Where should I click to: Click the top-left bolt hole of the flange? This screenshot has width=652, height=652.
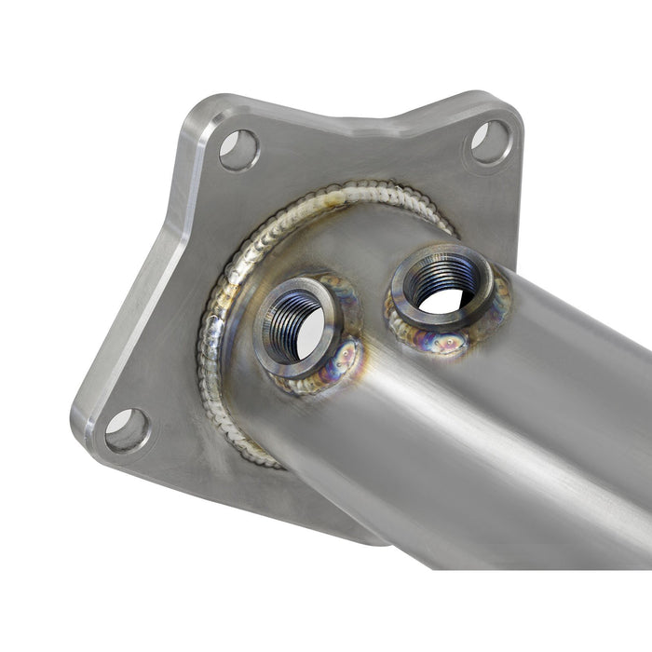tap(238, 149)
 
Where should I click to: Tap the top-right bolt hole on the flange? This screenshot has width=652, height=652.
tap(490, 141)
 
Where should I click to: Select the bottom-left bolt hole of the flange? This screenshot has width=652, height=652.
tap(127, 430)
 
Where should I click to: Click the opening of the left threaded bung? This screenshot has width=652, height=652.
tap(301, 327)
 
